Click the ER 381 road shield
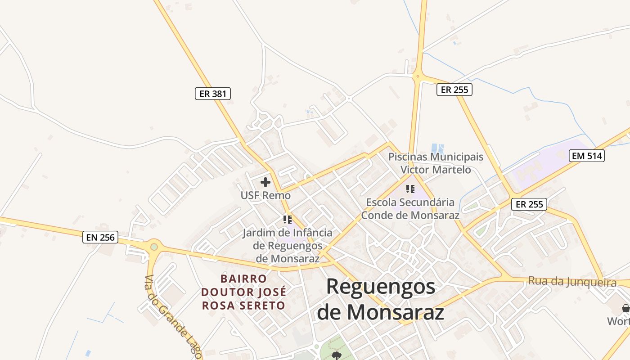tap(213, 94)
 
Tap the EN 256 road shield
tap(100, 237)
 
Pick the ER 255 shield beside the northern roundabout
tap(454, 90)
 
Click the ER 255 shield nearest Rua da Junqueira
tap(529, 204)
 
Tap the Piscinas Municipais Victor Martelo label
tap(436, 163)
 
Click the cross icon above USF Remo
tap(265, 182)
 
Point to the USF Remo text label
tap(265, 196)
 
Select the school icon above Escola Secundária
tap(410, 189)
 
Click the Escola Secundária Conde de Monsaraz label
tap(410, 209)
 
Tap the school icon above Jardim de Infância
tap(288, 220)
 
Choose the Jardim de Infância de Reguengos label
tap(288, 246)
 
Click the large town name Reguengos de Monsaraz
tap(381, 299)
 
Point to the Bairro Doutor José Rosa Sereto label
tap(243, 292)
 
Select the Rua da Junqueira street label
tap(572, 282)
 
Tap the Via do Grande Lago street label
tap(173, 318)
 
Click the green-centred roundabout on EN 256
tap(154, 247)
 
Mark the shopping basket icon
tap(625, 308)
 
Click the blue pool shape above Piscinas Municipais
tap(437, 148)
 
